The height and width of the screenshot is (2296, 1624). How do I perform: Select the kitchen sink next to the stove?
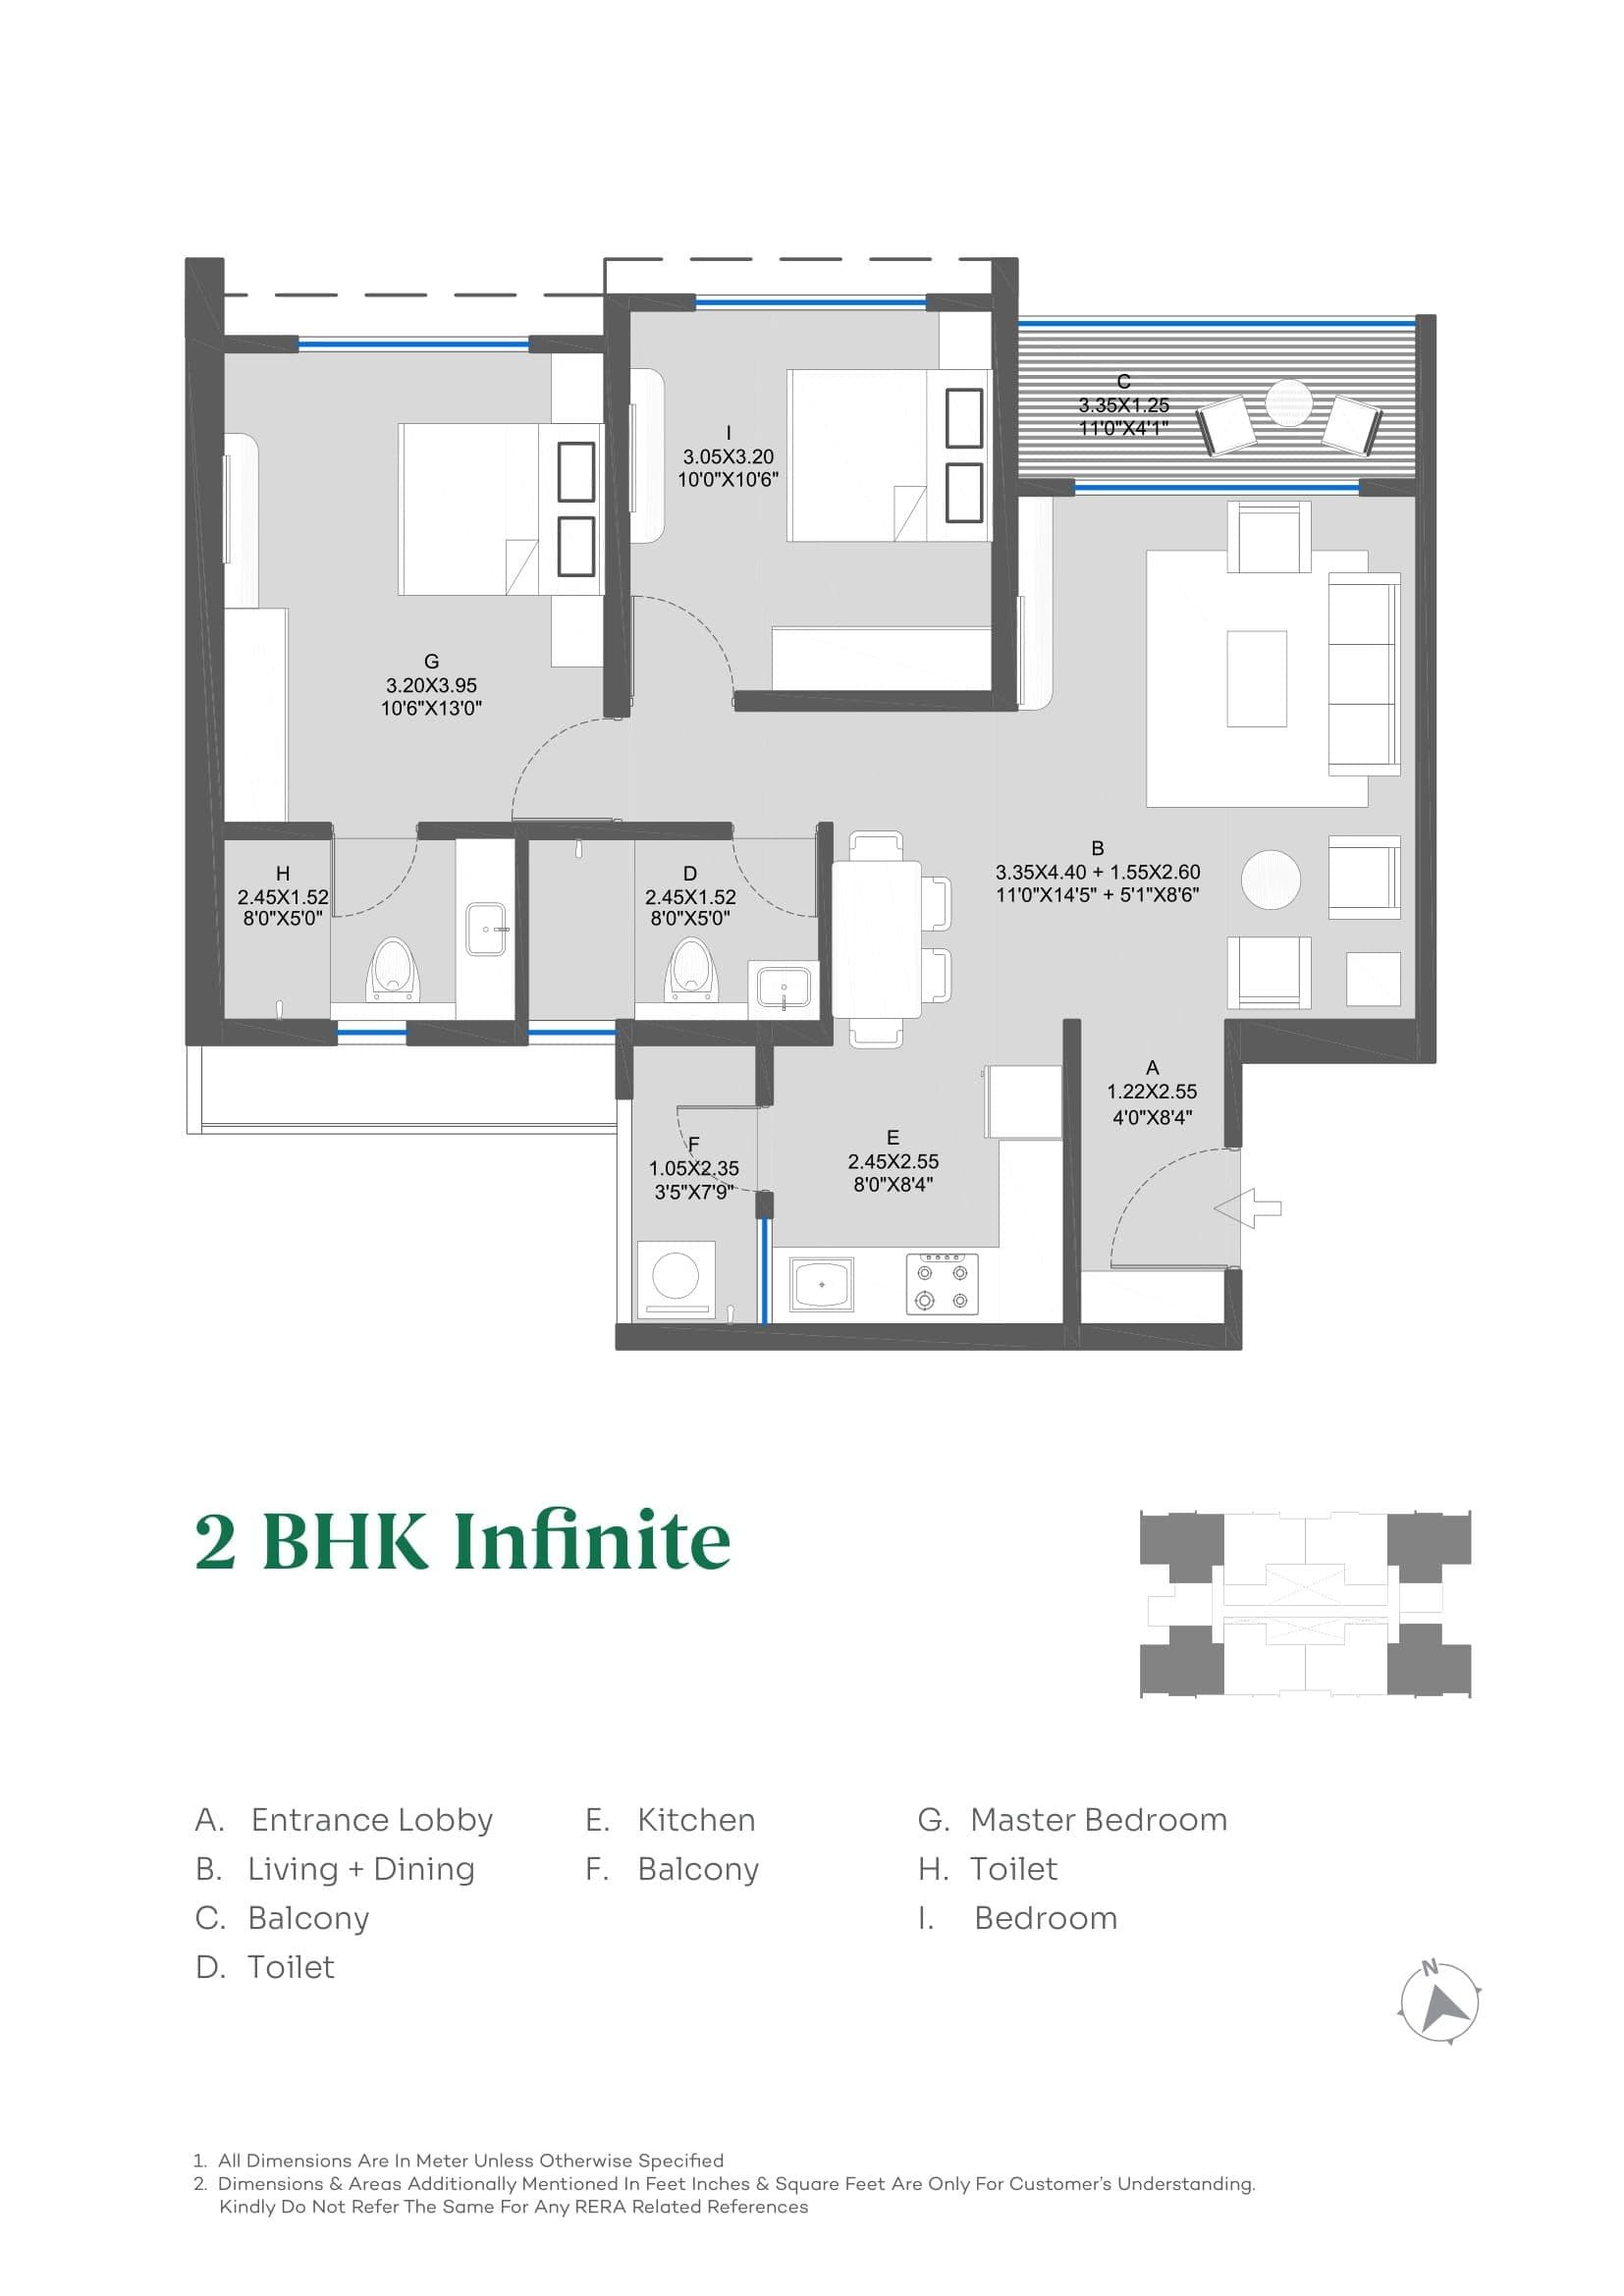[x=821, y=1284]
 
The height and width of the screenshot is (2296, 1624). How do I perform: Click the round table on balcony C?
[x=1289, y=404]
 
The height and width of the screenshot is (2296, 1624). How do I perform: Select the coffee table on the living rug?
[x=1257, y=678]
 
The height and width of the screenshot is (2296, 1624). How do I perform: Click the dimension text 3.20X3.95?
[x=431, y=685]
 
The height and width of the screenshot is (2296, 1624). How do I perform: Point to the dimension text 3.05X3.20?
[x=728, y=456]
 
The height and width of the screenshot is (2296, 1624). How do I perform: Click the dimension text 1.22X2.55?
[x=1152, y=1091]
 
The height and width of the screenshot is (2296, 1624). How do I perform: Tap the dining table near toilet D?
[x=877, y=939]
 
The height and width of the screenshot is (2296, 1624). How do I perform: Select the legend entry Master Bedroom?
[x=1098, y=1820]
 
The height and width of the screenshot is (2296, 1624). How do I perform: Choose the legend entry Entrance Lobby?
[x=371, y=1820]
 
